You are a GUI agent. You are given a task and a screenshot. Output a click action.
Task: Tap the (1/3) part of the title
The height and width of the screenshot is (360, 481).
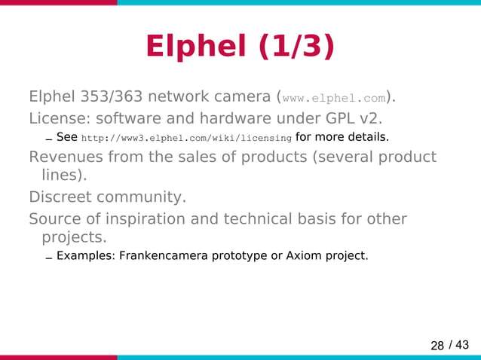(x=295, y=47)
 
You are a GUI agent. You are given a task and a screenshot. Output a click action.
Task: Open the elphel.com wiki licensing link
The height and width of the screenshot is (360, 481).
(x=186, y=139)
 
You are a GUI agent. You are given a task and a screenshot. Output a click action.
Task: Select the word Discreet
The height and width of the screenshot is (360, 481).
(x=59, y=197)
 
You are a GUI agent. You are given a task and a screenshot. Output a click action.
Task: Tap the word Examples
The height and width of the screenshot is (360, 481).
(x=83, y=255)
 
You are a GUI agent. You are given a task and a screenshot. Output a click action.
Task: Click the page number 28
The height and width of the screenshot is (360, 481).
(x=437, y=346)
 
